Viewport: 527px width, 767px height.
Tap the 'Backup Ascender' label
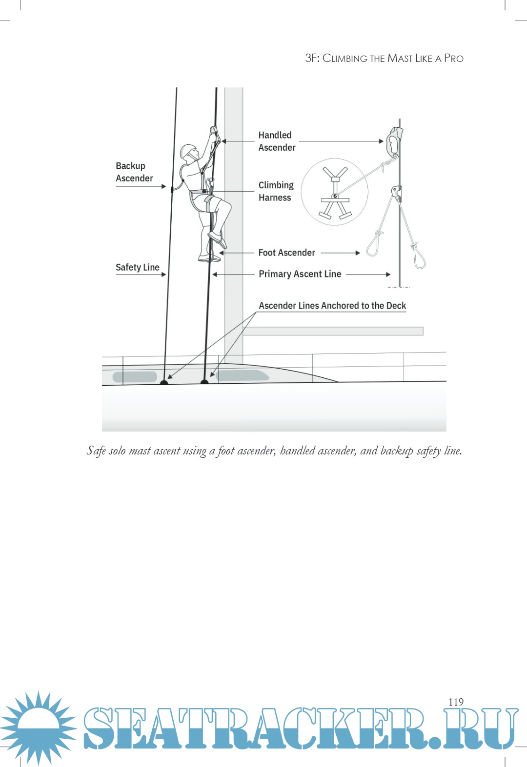(x=134, y=172)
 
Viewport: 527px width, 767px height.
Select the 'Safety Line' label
(x=138, y=267)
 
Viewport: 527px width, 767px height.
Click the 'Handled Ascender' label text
(x=277, y=141)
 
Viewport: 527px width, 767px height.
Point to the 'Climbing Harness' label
(x=276, y=191)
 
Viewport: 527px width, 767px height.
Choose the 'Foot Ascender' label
(x=286, y=253)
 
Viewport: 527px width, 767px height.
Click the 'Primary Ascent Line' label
(x=300, y=274)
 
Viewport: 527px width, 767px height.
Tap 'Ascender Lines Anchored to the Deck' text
(x=332, y=306)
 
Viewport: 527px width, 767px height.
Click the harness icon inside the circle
(x=335, y=192)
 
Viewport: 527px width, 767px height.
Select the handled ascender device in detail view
(x=394, y=142)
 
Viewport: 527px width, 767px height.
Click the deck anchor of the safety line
(x=164, y=383)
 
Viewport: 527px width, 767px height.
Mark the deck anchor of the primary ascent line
(x=204, y=382)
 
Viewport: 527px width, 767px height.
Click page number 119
(x=456, y=702)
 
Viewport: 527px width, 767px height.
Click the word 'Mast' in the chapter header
(x=400, y=59)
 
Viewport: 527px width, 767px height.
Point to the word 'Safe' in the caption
(x=96, y=451)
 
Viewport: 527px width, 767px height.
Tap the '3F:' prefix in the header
(x=312, y=58)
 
